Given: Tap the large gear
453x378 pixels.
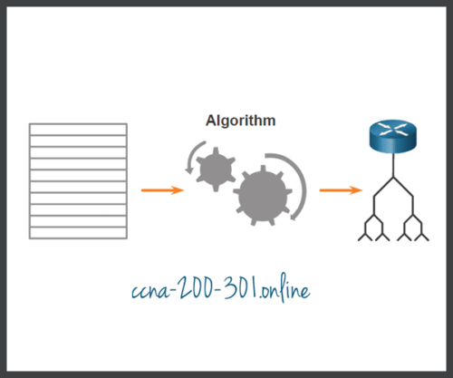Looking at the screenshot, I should pyautogui.click(x=264, y=193).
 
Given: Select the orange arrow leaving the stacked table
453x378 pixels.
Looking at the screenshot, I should pyautogui.click(x=162, y=190).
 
